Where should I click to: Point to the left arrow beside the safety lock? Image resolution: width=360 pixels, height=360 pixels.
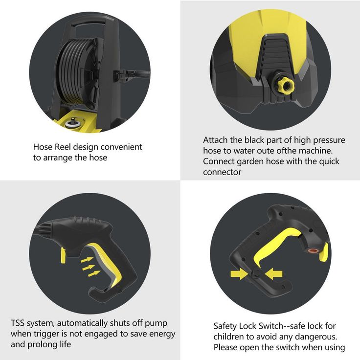pos(239,274)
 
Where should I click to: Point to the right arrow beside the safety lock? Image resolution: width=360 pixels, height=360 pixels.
pos(273,274)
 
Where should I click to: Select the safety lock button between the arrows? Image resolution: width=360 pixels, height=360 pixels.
pos(256,274)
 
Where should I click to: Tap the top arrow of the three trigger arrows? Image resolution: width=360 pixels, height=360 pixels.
pos(87,260)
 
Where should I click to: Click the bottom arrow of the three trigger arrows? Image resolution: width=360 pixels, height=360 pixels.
pos(94,273)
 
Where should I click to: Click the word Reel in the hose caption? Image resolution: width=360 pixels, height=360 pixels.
pos(62,147)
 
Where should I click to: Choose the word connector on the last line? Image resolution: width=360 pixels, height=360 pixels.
pos(222,172)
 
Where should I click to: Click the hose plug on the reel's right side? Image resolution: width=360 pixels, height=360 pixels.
pos(122,75)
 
